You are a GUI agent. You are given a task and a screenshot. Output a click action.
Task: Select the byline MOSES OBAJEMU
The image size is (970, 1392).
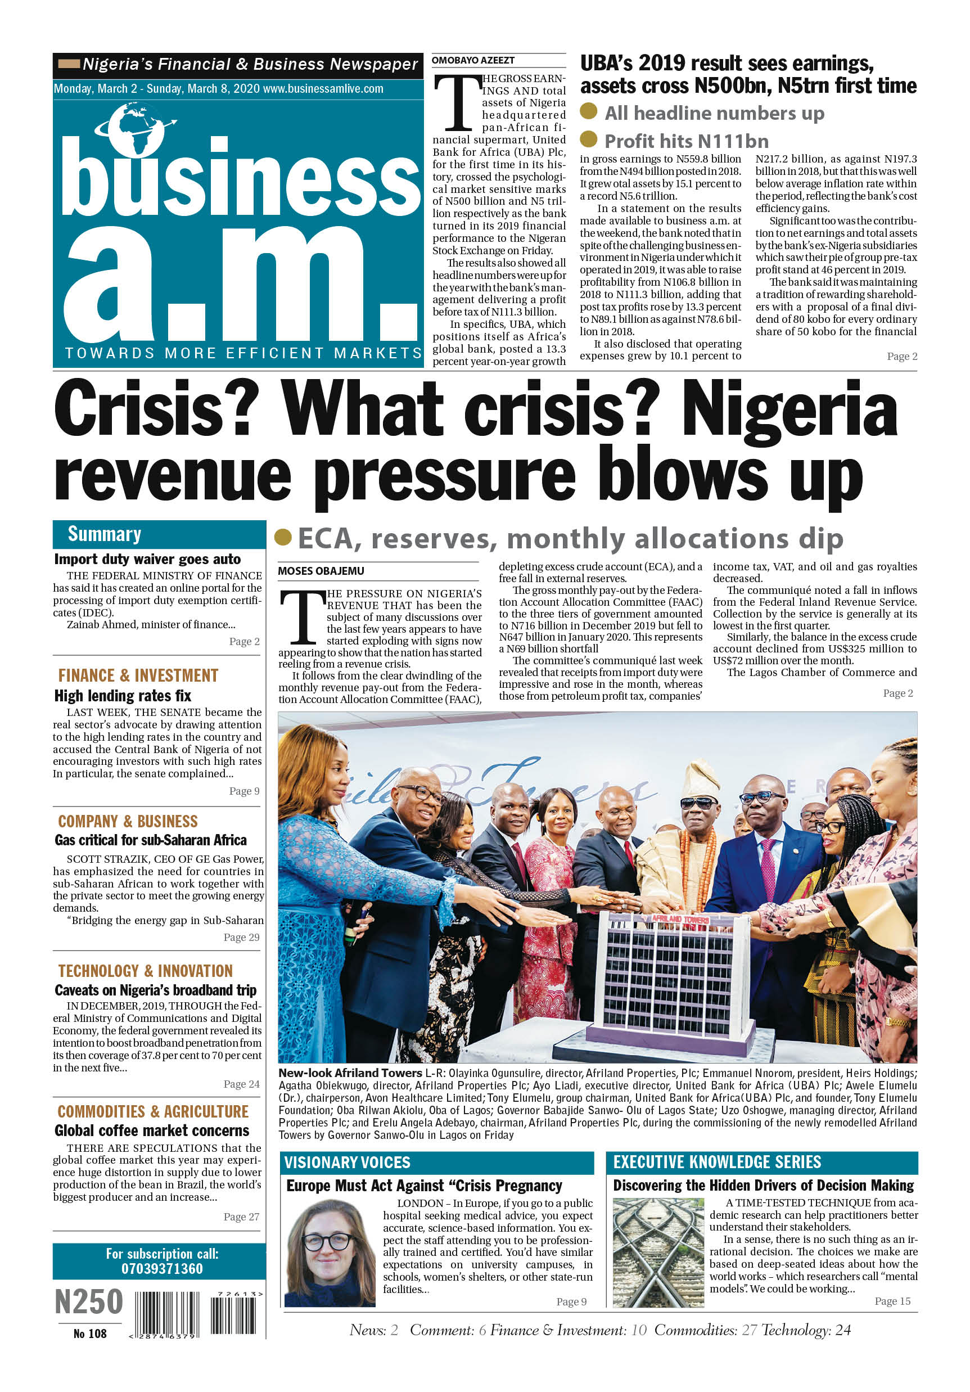pyautogui.click(x=321, y=570)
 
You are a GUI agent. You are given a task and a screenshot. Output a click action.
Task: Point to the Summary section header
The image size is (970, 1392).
pyautogui.click(x=104, y=534)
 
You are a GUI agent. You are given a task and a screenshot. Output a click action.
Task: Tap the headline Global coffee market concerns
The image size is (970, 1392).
pyautogui.click(x=152, y=1130)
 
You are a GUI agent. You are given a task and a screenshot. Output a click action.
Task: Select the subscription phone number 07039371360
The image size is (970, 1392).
pyautogui.click(x=162, y=1269)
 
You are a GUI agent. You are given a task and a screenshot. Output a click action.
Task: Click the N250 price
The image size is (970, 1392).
pyautogui.click(x=88, y=1301)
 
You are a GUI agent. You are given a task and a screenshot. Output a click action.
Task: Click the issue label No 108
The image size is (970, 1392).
pyautogui.click(x=90, y=1334)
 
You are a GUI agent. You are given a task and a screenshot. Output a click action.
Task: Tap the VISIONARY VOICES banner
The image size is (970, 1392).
pyautogui.click(x=348, y=1162)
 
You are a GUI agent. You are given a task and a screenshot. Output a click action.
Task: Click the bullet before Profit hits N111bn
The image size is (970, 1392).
pyautogui.click(x=588, y=139)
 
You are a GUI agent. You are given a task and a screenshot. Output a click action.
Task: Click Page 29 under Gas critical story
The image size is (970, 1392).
pyautogui.click(x=241, y=938)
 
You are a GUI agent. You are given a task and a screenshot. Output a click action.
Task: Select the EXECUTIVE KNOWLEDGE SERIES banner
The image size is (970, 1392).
pyautogui.click(x=716, y=1162)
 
